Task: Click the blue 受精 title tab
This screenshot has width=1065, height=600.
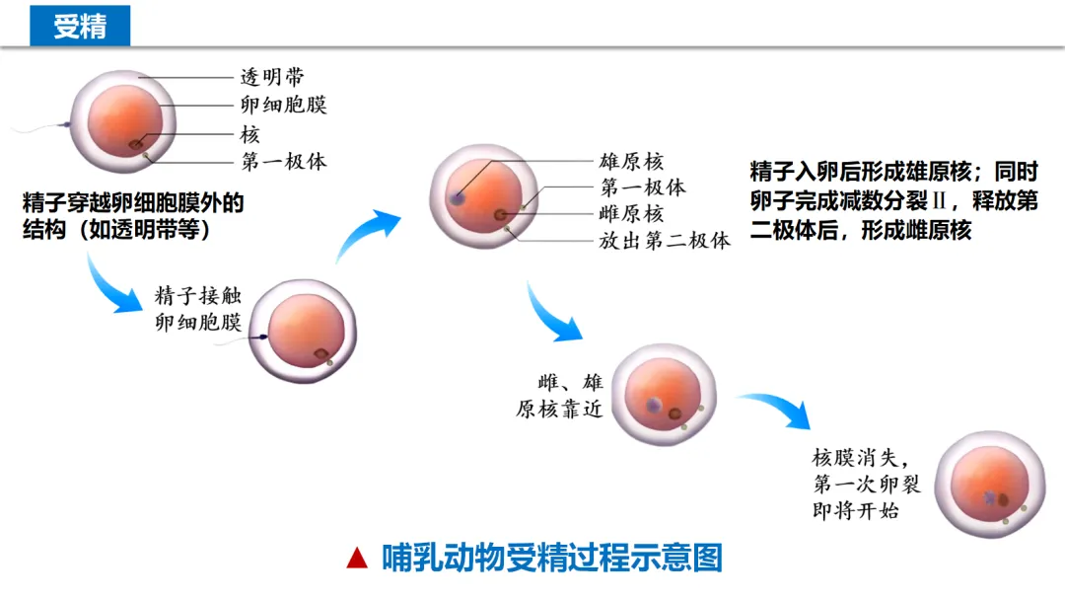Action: tap(80, 27)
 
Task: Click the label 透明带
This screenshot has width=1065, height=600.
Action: tap(272, 77)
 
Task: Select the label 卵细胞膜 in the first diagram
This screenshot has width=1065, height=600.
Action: tap(283, 105)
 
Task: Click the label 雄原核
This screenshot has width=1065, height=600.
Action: tap(631, 161)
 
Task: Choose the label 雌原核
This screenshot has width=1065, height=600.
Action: tap(631, 214)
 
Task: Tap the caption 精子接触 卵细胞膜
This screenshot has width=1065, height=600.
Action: tap(197, 309)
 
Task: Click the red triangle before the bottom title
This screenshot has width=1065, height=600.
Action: tap(357, 559)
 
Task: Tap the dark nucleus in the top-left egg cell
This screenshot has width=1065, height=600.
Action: tap(134, 144)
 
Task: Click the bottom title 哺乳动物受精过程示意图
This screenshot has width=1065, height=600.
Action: tap(552, 559)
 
